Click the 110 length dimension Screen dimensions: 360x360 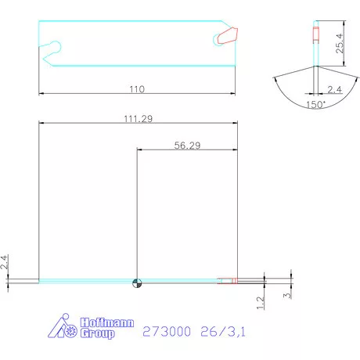click(x=137, y=88)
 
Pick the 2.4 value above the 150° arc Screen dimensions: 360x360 click(x=334, y=88)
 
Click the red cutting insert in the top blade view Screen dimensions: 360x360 click(x=226, y=36)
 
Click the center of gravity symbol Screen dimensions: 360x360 click(x=137, y=283)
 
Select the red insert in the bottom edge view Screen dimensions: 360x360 click(x=228, y=281)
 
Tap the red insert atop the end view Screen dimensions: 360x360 click(x=315, y=34)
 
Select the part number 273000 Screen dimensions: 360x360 click(x=167, y=332)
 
